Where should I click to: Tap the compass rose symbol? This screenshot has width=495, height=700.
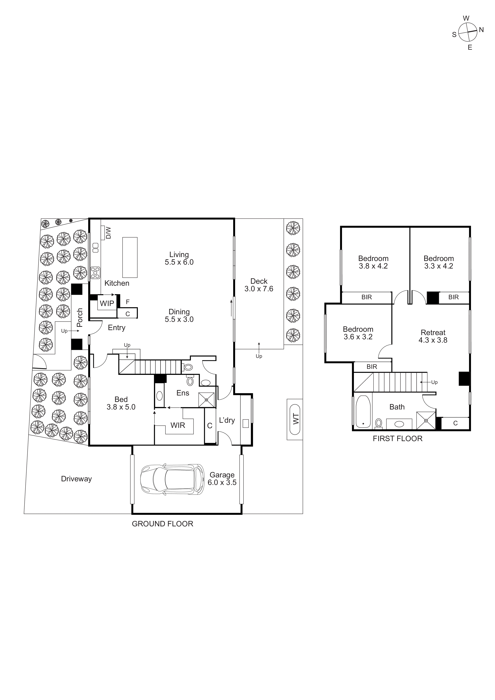(468, 32)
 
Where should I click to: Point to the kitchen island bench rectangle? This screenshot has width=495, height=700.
(130, 257)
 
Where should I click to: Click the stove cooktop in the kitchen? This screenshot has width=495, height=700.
(95, 273)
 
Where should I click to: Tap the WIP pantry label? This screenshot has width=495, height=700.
(107, 303)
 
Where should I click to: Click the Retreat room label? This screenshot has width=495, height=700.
(433, 333)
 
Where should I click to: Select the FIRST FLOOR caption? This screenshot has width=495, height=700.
(397, 438)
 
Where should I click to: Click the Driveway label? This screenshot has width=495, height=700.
(76, 479)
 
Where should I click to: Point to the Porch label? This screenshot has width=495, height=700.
(80, 317)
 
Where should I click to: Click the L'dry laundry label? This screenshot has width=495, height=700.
(227, 420)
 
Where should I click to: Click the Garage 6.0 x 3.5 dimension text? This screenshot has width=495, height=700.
(222, 482)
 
